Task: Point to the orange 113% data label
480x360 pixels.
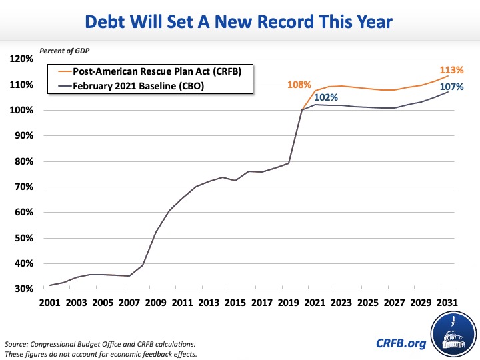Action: [x=448, y=70]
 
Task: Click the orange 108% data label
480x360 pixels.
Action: [x=299, y=85]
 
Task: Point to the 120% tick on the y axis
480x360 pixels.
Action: [x=23, y=59]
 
